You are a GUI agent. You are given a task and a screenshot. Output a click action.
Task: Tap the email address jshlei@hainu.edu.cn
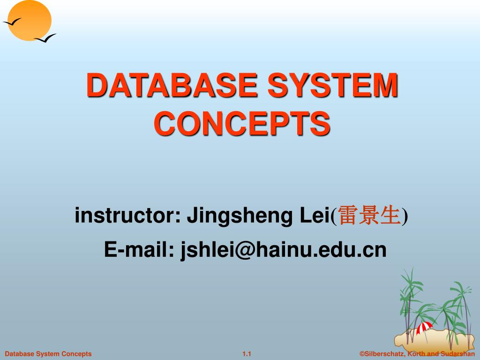pos(284,250)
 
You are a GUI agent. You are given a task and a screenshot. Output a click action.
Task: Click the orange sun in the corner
pos(30,20)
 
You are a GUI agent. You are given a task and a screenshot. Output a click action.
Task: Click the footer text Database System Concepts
pos(48,354)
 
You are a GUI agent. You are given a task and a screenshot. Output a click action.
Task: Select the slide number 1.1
pos(247,354)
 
